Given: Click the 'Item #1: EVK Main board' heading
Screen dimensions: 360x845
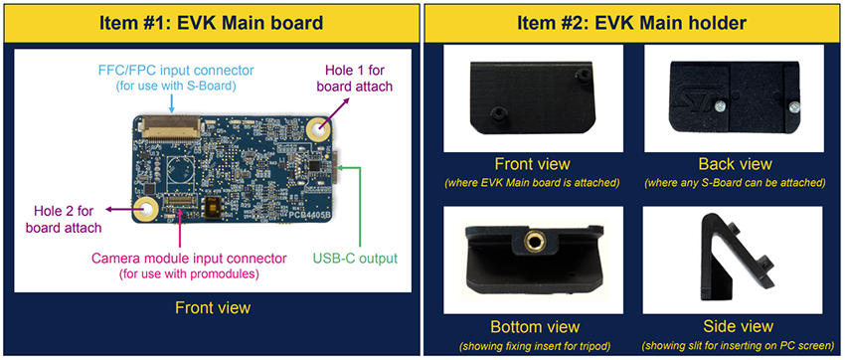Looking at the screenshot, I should (x=210, y=20).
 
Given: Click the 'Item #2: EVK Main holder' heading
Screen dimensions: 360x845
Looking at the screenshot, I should (x=634, y=20).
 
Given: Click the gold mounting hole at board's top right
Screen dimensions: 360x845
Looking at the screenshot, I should (x=318, y=130).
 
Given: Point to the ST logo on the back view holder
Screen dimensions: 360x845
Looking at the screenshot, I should (x=727, y=81).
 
